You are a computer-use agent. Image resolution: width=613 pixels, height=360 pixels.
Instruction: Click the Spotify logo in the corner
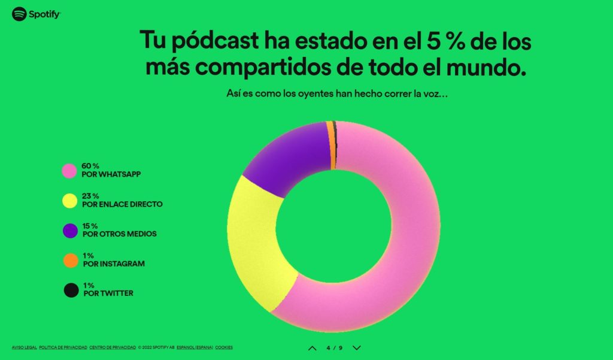tap(36, 14)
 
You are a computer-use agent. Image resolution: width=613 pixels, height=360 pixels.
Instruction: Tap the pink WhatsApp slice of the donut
tap(407, 240)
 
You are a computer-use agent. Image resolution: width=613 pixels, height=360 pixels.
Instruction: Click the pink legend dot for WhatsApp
tap(70, 170)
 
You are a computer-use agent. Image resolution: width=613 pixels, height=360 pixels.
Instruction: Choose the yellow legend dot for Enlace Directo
tap(70, 201)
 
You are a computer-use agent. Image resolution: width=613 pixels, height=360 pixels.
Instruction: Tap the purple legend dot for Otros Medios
tap(70, 230)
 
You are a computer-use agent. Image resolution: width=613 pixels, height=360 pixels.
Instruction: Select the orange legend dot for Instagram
tap(71, 261)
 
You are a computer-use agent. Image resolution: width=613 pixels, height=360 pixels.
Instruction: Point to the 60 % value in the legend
tap(90, 165)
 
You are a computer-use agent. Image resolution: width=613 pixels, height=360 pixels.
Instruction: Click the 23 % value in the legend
tap(90, 196)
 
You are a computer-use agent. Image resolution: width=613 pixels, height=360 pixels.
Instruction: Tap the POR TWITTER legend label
tap(108, 294)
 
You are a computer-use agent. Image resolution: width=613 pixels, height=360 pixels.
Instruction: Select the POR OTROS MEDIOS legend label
tap(119, 234)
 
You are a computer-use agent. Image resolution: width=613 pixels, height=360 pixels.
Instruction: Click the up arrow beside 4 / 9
tap(312, 347)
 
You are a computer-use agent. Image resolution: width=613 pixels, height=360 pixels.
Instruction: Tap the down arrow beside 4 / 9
tap(357, 347)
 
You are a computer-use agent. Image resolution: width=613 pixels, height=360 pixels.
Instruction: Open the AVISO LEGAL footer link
tap(24, 347)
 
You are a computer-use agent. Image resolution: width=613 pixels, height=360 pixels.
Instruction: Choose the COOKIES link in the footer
tap(224, 347)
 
